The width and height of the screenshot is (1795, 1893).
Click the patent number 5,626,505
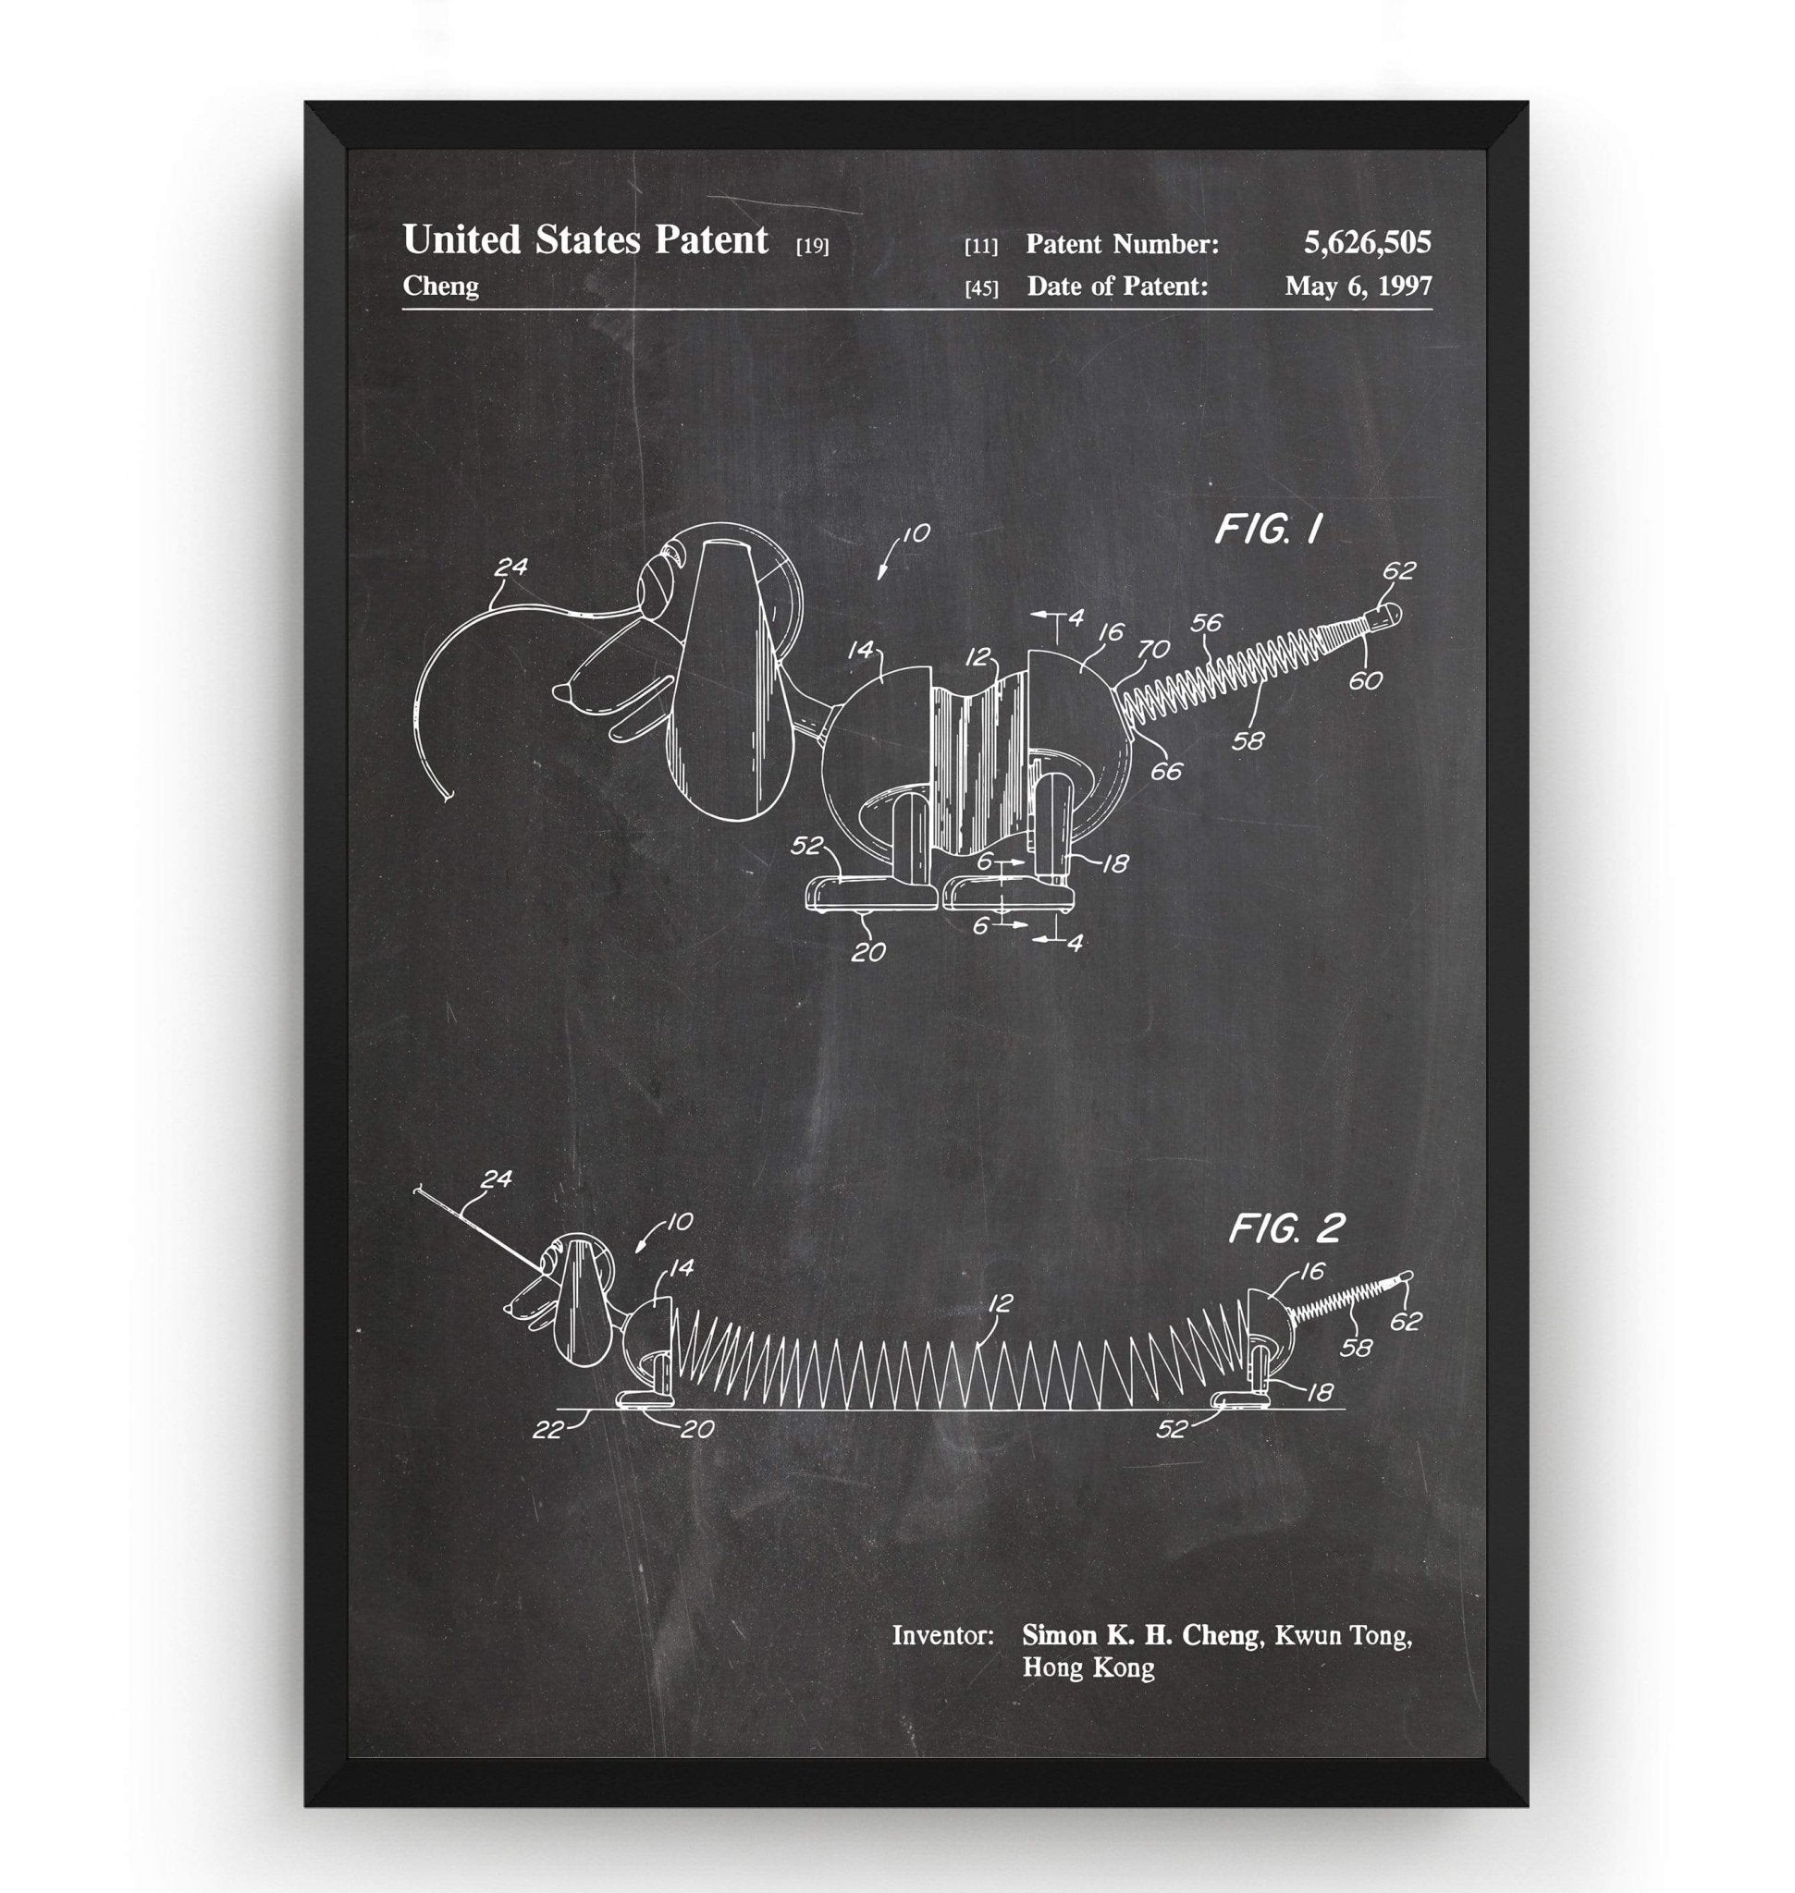click(x=1368, y=243)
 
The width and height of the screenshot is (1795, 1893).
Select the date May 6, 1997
click(x=1359, y=286)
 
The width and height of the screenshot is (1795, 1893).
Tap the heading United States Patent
click(x=584, y=239)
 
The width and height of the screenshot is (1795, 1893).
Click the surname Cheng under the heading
click(x=440, y=286)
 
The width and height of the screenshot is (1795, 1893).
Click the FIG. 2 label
click(x=1286, y=1229)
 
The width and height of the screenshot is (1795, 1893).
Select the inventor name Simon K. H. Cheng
click(x=1140, y=1635)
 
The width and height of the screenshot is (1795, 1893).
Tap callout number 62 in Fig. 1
click(x=1398, y=570)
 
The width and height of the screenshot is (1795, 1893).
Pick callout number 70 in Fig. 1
click(x=1153, y=650)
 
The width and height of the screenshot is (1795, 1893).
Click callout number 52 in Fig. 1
click(x=807, y=846)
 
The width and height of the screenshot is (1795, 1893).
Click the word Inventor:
click(x=942, y=1636)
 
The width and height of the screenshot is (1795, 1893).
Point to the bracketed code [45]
click(x=981, y=287)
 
